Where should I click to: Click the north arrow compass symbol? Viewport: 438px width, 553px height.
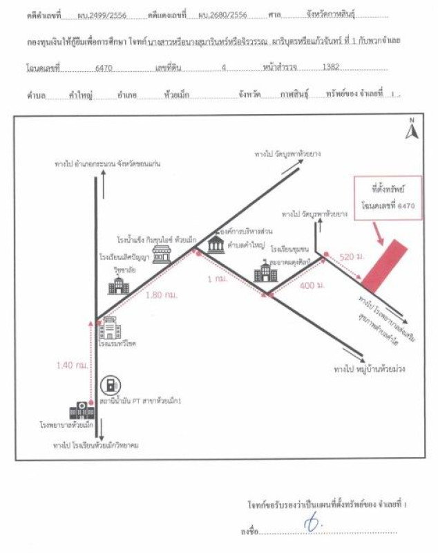tap(410, 129)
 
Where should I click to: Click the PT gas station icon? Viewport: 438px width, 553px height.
tap(110, 384)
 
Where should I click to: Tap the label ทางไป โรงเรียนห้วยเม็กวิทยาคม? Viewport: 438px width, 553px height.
tap(97, 446)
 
